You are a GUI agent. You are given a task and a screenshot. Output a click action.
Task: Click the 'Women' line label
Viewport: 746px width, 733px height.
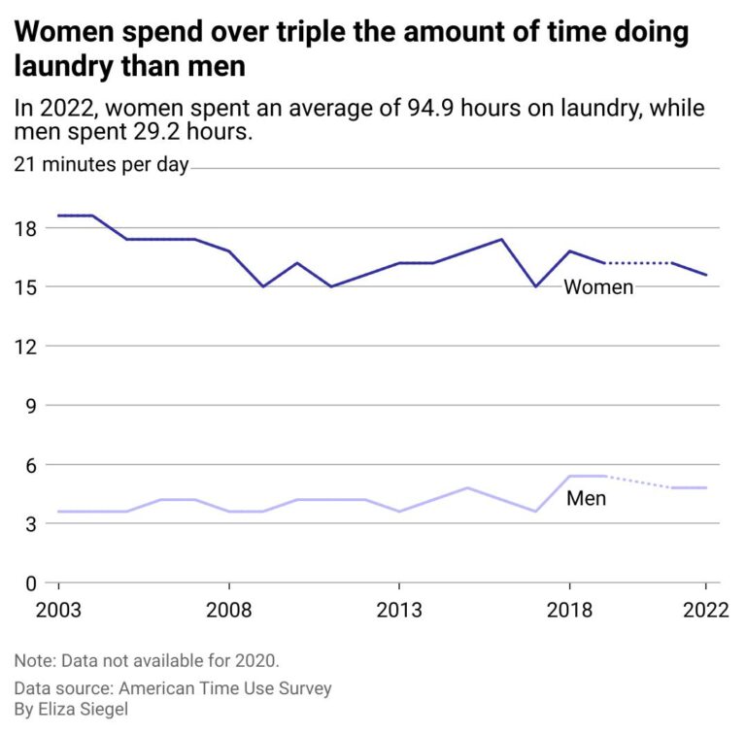coord(598,287)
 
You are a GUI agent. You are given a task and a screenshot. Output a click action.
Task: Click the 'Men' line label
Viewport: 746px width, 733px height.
coord(586,499)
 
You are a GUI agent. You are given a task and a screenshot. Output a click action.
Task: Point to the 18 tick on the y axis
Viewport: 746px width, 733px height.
coord(25,228)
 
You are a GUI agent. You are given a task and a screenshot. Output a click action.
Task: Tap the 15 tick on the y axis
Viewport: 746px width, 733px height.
coord(25,287)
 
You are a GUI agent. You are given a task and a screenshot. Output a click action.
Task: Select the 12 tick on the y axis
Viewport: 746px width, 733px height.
coord(25,347)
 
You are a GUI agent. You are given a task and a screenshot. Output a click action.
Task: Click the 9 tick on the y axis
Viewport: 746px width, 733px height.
coord(30,406)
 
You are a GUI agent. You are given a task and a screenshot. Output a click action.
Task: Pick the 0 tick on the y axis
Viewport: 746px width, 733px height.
coord(30,583)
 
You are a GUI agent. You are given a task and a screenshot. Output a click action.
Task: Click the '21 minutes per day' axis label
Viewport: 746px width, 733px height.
coord(101,165)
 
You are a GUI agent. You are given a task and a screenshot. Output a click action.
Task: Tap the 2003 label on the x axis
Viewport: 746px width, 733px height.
coord(58,611)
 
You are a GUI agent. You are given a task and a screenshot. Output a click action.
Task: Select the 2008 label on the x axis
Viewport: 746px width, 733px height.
coord(228,611)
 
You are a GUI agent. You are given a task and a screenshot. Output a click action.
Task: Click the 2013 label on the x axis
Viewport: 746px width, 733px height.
coord(398,611)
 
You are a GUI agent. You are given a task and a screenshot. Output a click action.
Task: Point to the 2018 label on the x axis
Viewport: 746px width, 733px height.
coord(568,611)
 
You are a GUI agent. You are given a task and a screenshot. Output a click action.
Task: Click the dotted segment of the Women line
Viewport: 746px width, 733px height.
coord(637,263)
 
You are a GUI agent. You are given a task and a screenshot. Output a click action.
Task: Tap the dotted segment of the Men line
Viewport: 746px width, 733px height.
coord(637,482)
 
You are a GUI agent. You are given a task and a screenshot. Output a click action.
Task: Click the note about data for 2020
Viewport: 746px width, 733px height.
coord(147,660)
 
